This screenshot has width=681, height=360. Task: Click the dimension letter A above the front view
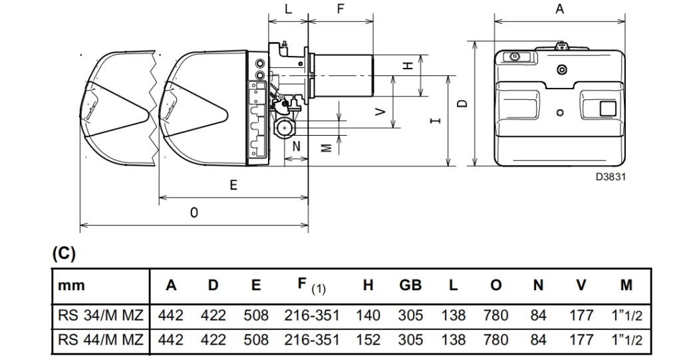point(560,9)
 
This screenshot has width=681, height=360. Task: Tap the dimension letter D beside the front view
point(463,104)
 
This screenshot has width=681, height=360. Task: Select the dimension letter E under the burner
point(233,185)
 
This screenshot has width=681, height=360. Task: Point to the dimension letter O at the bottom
point(194,213)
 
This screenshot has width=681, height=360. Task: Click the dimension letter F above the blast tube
point(341,9)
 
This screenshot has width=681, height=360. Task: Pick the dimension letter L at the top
point(289,9)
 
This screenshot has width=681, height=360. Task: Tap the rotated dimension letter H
point(408,66)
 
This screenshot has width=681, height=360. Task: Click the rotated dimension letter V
point(381,112)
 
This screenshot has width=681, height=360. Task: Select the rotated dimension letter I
point(436,120)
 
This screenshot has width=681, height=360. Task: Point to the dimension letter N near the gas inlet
point(296,146)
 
